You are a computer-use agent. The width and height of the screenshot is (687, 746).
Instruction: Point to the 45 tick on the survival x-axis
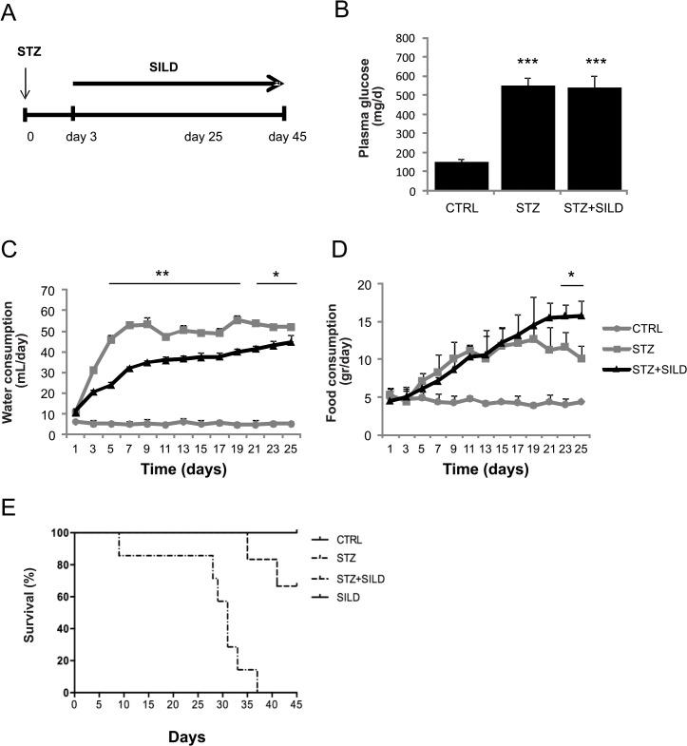pyautogui.click(x=296, y=706)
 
